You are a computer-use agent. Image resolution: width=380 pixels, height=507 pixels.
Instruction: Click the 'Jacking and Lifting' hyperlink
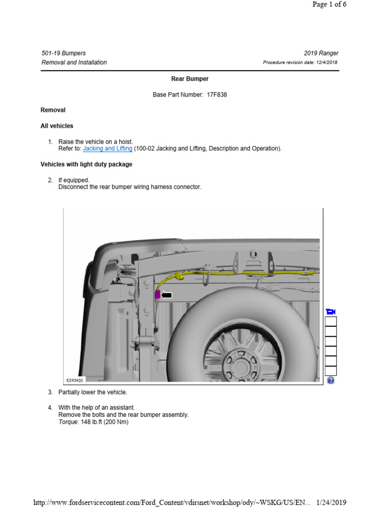pos(107,149)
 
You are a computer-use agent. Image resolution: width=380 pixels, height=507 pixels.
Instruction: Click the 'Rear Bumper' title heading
pos(190,79)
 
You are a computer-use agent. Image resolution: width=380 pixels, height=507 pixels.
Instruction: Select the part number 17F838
pos(217,95)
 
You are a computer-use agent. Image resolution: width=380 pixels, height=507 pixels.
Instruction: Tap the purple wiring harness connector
pos(158,295)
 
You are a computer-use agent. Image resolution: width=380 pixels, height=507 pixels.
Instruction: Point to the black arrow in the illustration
pos(167,295)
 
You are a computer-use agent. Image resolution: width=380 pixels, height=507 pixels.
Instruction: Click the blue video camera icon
pos(331,311)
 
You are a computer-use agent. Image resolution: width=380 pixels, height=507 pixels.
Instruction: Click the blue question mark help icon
pos(331,380)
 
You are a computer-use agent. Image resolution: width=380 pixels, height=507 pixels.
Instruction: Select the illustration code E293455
pos(75,380)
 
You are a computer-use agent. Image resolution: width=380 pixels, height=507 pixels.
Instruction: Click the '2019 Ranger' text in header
pos(321,53)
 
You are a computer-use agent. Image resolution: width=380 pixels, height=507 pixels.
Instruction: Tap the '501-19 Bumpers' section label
pos(63,53)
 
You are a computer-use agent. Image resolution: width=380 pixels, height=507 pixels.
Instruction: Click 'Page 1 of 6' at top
pos(329,4)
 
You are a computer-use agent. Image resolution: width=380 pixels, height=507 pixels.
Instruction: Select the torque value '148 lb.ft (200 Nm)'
pos(104,422)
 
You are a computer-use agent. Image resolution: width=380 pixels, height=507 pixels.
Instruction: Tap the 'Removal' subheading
pos(53,110)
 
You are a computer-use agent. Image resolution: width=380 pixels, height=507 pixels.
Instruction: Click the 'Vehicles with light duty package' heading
pos(86,164)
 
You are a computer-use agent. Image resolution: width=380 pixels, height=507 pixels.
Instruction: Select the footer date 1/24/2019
pos(332,503)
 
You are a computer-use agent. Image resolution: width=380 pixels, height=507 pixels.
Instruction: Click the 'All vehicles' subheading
pos(57,126)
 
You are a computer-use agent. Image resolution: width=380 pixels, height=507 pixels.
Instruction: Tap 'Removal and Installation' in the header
pos(74,62)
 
